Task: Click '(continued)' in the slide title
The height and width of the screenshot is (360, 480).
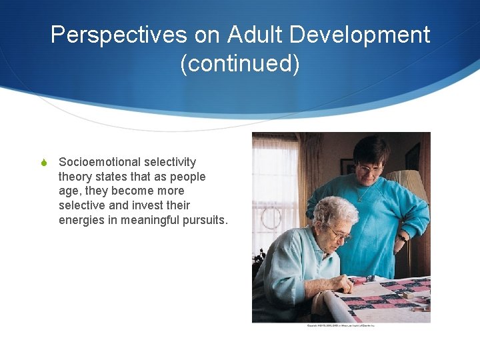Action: click(240, 64)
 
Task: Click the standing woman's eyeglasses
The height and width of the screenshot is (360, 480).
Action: click(369, 169)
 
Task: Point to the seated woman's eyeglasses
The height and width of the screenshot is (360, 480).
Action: click(341, 234)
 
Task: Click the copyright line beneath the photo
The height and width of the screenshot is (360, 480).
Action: click(341, 325)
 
